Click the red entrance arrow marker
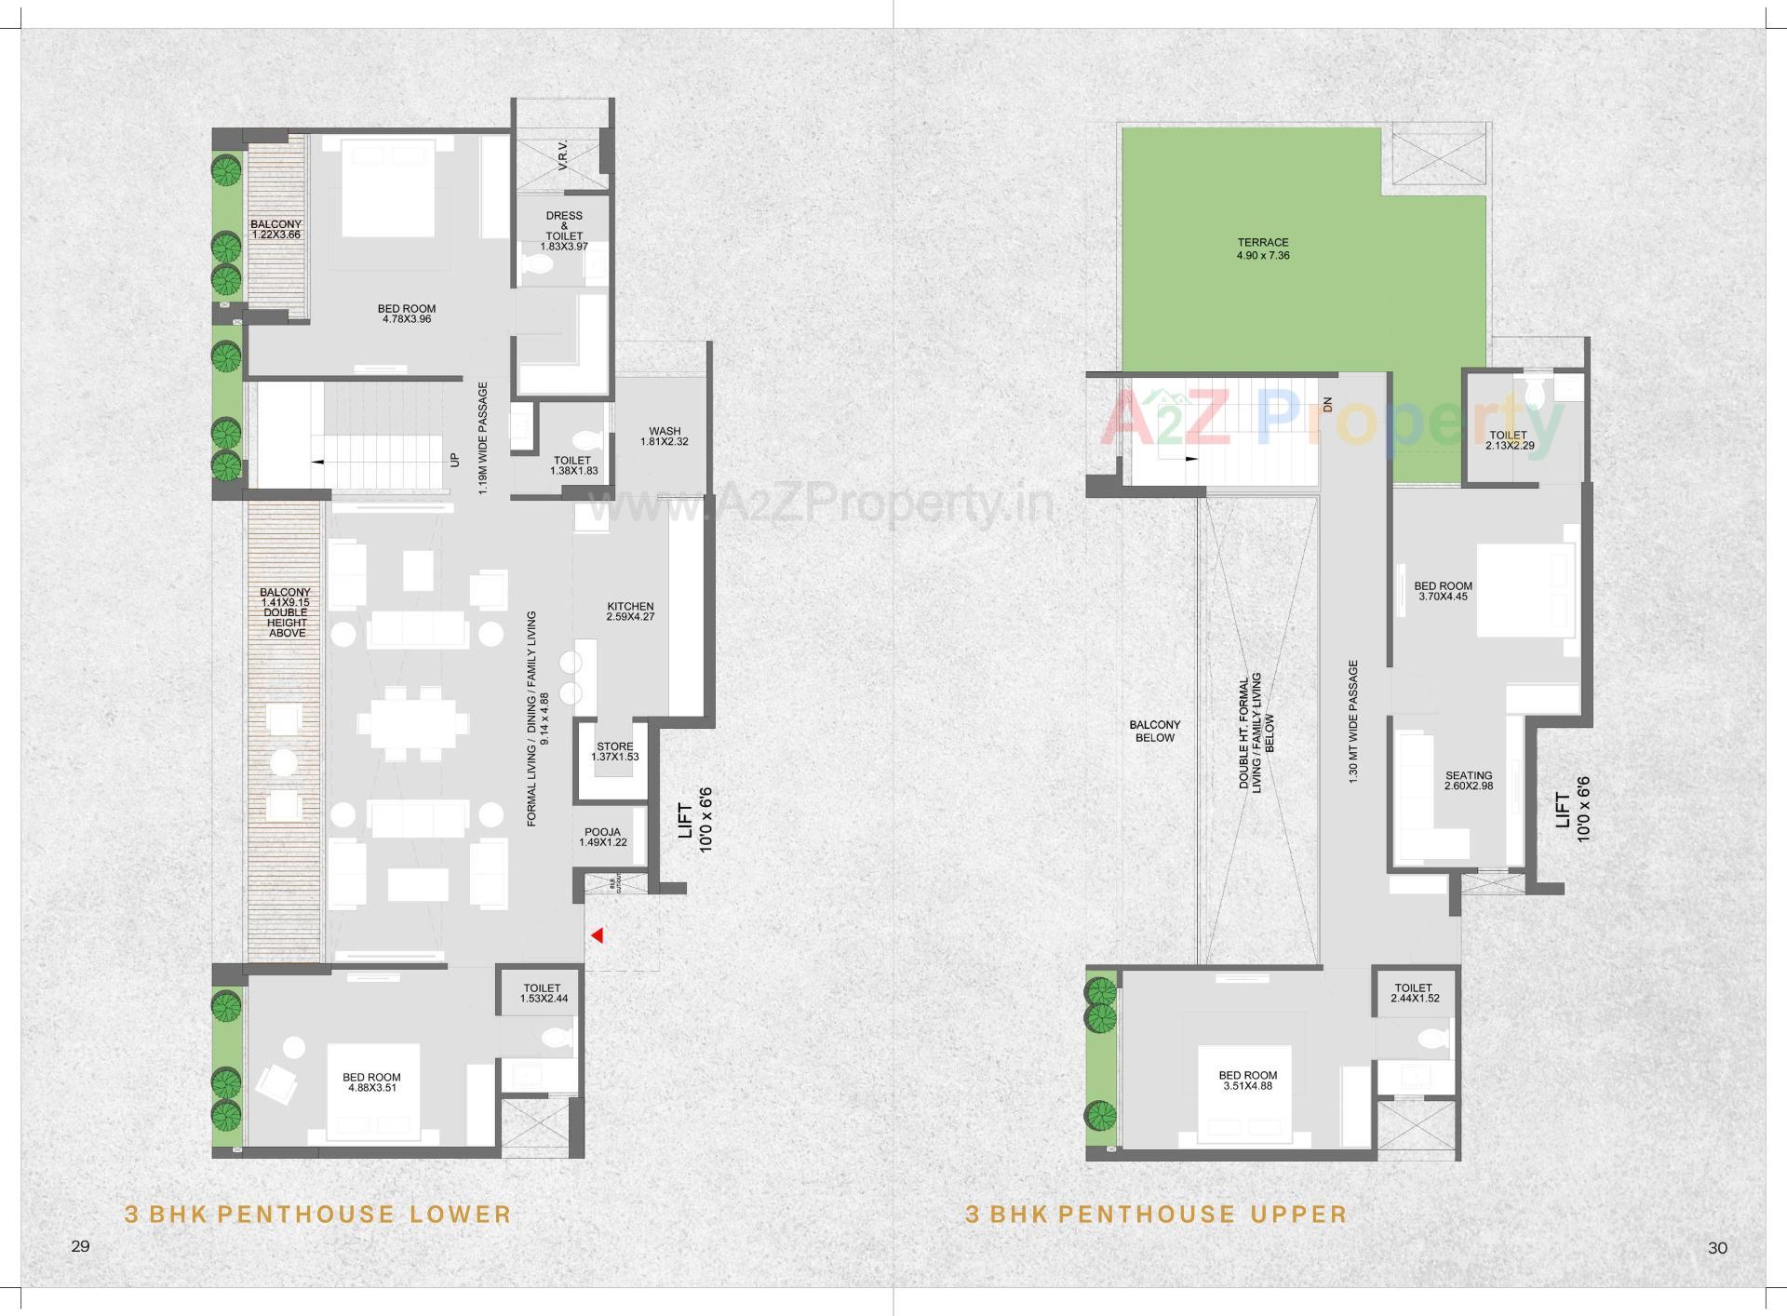[598, 935]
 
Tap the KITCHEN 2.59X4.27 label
[630, 611]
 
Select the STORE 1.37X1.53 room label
[615, 751]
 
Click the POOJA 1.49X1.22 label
[602, 838]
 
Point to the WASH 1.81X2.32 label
[665, 436]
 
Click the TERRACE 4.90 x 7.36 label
[1263, 248]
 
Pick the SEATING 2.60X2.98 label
[1469, 781]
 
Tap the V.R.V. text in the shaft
[563, 155]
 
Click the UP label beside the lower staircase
[455, 459]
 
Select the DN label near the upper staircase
[1328, 405]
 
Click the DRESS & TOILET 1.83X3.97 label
[564, 231]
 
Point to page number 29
[80, 1246]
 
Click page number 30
[1717, 1248]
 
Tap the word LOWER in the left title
[461, 1215]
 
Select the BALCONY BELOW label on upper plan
[1155, 731]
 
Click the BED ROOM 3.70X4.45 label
[1443, 591]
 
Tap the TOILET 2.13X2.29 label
[1508, 440]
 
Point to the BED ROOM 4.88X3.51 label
[371, 1081]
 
